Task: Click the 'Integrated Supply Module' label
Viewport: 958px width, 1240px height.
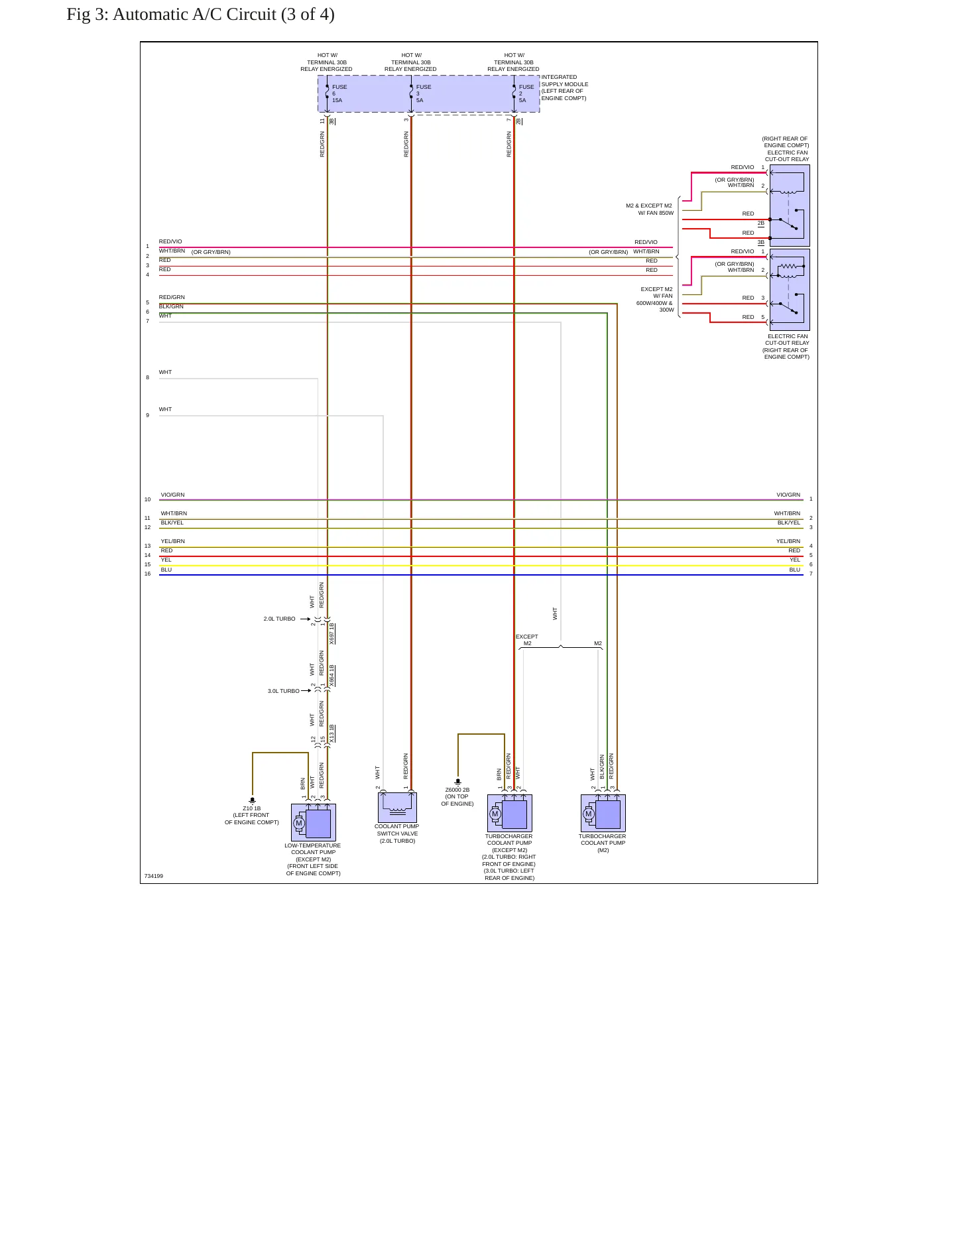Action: tap(565, 88)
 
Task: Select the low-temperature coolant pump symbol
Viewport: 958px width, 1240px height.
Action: tap(314, 822)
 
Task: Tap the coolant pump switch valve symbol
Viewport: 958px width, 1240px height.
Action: tap(398, 808)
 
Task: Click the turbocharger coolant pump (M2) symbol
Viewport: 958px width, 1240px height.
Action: tap(603, 813)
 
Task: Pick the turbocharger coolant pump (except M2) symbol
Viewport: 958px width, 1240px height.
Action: tap(510, 813)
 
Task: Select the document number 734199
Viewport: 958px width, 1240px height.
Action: tap(154, 876)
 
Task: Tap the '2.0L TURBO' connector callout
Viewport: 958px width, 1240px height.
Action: tap(280, 619)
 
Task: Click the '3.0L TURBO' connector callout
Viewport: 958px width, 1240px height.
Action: tap(284, 691)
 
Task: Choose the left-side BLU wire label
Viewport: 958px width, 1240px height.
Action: tap(166, 570)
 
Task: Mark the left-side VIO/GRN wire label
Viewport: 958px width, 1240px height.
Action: tap(173, 495)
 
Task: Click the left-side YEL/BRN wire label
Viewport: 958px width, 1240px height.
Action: tap(173, 541)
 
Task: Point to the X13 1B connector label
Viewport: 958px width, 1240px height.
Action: tap(332, 733)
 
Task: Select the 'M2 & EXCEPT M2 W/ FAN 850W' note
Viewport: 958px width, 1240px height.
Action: tap(650, 210)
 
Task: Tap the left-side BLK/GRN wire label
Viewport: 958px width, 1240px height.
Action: tap(172, 306)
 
